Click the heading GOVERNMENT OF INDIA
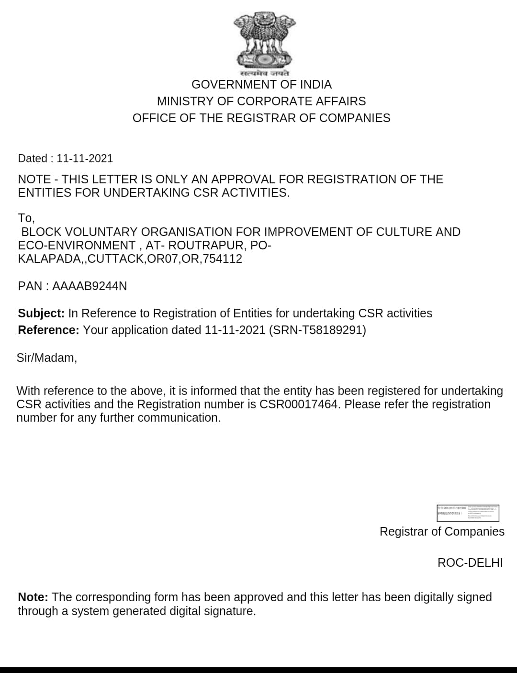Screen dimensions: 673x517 [x=261, y=85]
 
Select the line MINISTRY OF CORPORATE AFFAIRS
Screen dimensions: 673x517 [x=261, y=101]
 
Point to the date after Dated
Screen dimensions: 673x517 [x=85, y=158]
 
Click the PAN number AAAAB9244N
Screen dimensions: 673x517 [x=90, y=286]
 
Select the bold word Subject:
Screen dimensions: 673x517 [x=41, y=314]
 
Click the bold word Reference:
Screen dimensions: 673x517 [x=48, y=330]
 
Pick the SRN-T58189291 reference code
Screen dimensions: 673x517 [x=317, y=330]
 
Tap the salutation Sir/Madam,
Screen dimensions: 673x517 [x=47, y=358]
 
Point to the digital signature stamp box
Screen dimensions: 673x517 [x=468, y=513]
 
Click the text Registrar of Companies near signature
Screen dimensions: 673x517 [x=442, y=532]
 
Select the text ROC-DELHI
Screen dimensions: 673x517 [x=470, y=563]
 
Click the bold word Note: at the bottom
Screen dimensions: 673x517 [x=33, y=597]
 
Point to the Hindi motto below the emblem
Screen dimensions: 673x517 [x=265, y=74]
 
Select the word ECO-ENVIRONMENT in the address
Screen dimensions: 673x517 [x=77, y=246]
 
